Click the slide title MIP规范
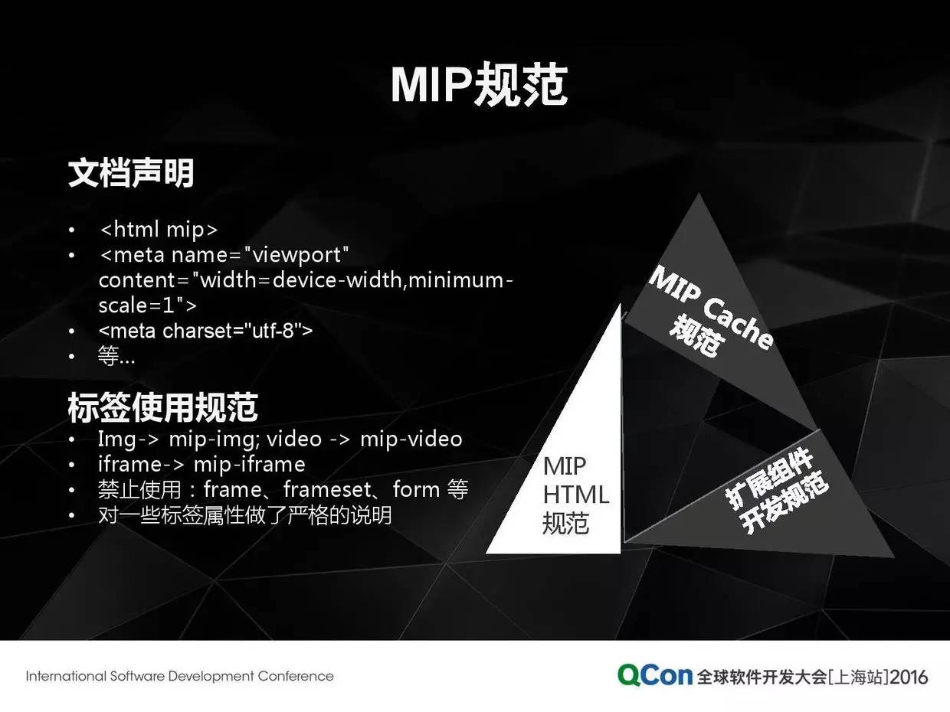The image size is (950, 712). click(x=479, y=85)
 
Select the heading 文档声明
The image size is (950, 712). click(x=131, y=173)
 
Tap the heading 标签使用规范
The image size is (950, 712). click(x=162, y=407)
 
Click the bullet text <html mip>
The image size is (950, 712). click(x=159, y=229)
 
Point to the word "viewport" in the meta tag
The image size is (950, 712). click(x=296, y=255)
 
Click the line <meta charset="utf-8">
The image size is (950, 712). click(x=205, y=332)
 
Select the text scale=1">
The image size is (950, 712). click(x=148, y=305)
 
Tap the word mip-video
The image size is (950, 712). click(x=411, y=439)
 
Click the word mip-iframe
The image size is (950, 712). click(x=249, y=465)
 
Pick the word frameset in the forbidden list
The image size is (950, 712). click(x=327, y=490)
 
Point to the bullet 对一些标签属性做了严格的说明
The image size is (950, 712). click(x=245, y=515)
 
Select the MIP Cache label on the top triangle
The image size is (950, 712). click(x=711, y=307)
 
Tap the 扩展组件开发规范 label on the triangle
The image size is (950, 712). click(x=777, y=491)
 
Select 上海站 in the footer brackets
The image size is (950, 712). click(x=859, y=677)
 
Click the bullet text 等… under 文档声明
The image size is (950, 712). click(x=116, y=356)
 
